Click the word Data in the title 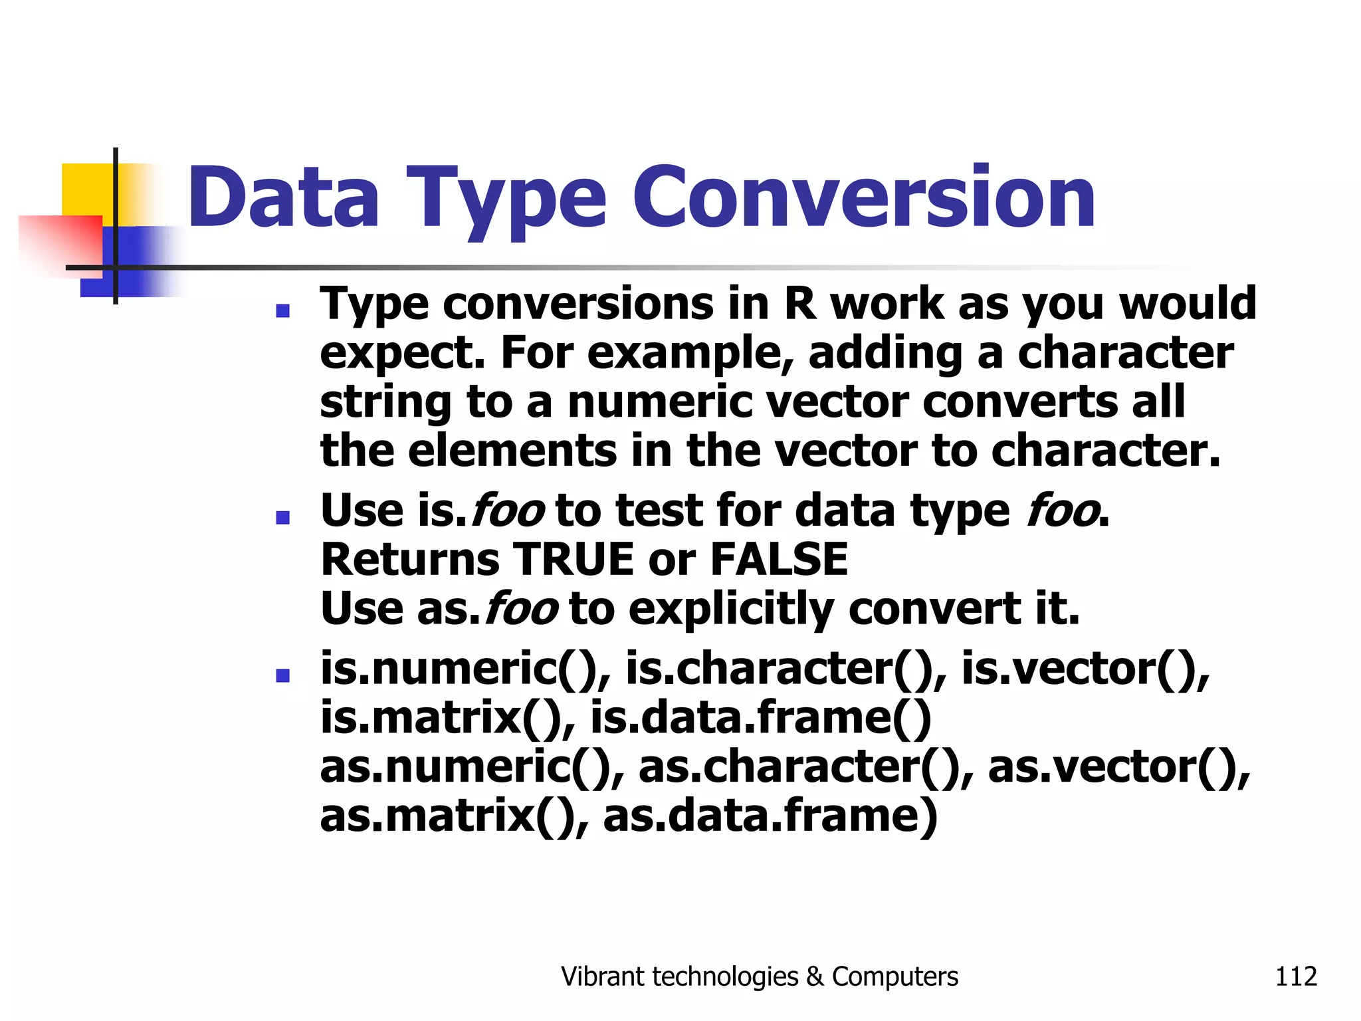(x=284, y=197)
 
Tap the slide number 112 (x=1295, y=976)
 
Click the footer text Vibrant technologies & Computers (x=759, y=976)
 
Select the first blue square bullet (x=283, y=310)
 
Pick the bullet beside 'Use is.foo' (x=283, y=517)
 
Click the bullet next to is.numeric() (x=283, y=676)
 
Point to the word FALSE (x=779, y=560)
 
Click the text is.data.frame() (x=760, y=718)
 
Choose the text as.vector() (x=1118, y=767)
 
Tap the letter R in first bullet (x=799, y=304)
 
